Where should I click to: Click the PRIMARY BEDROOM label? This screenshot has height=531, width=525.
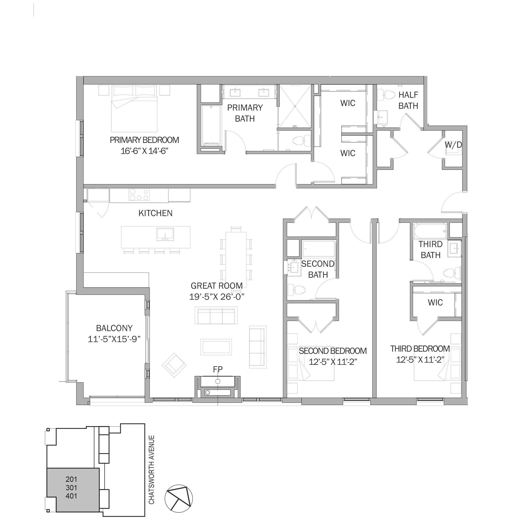point(144,140)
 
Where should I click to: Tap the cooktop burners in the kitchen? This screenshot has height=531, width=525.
point(138,194)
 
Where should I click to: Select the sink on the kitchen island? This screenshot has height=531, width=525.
point(165,234)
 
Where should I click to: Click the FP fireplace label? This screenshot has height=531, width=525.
point(218,369)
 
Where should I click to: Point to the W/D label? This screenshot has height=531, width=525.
point(453,145)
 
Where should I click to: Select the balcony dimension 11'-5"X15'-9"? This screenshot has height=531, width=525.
point(114,339)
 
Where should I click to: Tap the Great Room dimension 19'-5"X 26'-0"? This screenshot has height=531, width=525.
point(217,297)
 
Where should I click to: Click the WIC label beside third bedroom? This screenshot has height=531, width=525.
point(435,302)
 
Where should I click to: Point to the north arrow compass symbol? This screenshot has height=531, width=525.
point(178,504)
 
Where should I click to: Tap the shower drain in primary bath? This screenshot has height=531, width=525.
point(295,106)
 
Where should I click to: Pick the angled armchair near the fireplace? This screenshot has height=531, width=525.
point(174,363)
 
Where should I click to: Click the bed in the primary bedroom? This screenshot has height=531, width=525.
point(134,109)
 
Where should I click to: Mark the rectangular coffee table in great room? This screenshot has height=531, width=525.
point(216,347)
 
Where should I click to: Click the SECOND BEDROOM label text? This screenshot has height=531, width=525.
point(333,351)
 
